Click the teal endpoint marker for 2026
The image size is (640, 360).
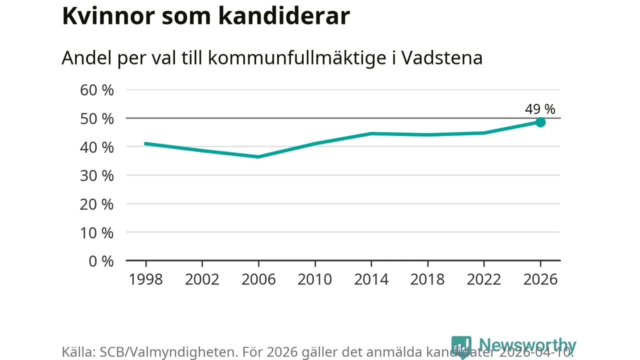coord(540,122)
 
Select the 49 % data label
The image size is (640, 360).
coord(540,109)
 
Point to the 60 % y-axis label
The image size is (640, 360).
coord(97,90)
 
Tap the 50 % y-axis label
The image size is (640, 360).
coord(97,118)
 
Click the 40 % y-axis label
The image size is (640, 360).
coord(97,147)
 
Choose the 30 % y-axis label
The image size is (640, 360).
coord(97,175)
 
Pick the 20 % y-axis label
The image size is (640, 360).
coord(97,204)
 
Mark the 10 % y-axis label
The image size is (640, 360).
coord(97,232)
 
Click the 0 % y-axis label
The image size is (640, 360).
coord(100,261)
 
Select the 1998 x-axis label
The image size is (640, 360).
coord(146,279)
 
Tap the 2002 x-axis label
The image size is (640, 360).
coord(202,279)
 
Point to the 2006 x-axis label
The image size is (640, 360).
coord(258,279)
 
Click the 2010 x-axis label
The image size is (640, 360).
coord(315,279)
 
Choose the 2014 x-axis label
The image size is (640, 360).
coord(371,279)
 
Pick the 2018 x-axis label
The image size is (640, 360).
coord(427,279)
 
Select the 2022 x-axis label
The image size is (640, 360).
coord(484,279)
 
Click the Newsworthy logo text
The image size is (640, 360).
coord(527,345)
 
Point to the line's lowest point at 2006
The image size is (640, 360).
coord(258,156)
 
